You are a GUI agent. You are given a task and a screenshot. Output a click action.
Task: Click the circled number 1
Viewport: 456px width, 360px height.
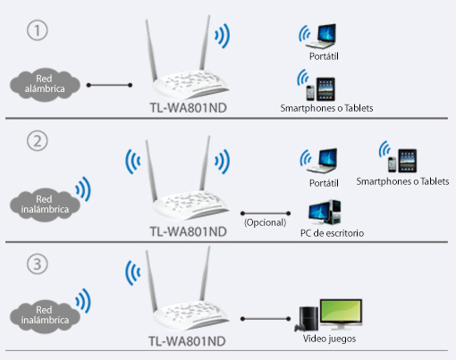coord(38,30)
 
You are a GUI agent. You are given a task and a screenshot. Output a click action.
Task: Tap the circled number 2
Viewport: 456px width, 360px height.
coord(38,140)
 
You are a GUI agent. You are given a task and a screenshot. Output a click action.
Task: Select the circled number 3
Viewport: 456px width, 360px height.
coord(38,264)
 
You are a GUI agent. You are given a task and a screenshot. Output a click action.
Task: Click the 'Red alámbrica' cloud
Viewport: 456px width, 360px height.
coord(45,84)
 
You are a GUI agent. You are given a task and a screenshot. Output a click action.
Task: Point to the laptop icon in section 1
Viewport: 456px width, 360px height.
coord(321,37)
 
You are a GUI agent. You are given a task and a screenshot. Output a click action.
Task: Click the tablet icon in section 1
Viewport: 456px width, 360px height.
coord(325,89)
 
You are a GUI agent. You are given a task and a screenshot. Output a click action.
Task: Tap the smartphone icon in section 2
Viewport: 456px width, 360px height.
coord(393,164)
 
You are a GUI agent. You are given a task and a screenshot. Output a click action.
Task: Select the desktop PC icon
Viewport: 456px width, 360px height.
coord(325,213)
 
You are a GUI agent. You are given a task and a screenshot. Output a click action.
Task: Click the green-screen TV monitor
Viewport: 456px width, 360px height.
coord(342,314)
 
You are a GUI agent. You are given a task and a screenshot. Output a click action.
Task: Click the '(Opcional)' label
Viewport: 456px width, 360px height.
coord(265,222)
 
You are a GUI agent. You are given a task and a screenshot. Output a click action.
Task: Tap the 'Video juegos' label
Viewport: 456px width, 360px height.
coord(329,339)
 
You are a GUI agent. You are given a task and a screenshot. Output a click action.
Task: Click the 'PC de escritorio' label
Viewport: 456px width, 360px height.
coord(332,233)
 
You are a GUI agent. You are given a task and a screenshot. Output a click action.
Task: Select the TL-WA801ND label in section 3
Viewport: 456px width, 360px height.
coord(187,341)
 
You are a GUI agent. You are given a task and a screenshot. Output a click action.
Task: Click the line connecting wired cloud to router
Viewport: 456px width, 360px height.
coord(109,85)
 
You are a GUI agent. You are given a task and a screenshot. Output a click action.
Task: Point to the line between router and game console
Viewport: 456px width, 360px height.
coord(266,319)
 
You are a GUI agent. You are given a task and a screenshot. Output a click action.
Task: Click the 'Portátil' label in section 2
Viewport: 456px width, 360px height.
coord(324,183)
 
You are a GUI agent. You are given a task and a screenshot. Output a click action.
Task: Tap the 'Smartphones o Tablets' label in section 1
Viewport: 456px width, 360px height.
coord(326,108)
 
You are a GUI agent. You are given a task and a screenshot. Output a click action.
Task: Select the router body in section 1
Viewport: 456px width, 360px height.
coord(190,84)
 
